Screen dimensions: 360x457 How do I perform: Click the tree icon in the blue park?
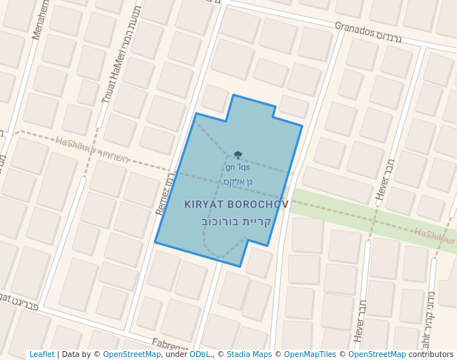coord(238,156)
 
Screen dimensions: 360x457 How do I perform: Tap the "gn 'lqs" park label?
coord(238,167)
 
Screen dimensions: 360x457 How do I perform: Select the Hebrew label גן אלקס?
coord(238,181)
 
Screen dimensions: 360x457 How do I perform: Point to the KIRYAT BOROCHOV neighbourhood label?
coord(236,204)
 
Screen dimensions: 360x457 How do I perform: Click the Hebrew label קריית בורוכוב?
coord(237,221)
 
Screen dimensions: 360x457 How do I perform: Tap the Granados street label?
coord(358,30)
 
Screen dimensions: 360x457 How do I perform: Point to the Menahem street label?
coord(39,19)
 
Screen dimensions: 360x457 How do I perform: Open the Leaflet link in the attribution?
coord(41,355)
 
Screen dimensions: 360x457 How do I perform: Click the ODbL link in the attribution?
coord(200,355)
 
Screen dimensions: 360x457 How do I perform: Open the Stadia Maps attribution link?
coord(249,355)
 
